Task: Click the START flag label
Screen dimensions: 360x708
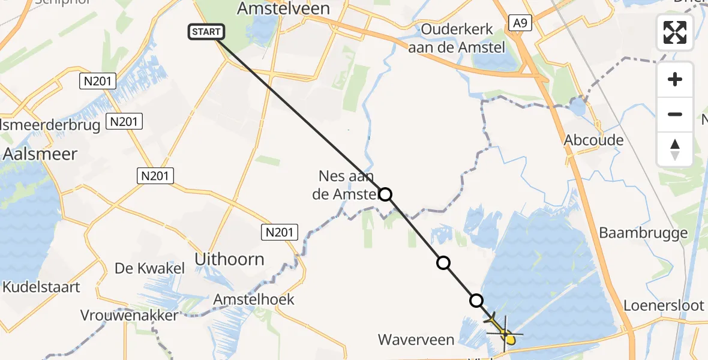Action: tap(207, 32)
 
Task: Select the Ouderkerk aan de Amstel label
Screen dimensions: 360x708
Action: tap(457, 38)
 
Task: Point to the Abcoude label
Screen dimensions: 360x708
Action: tap(593, 140)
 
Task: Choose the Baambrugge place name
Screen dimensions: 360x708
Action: tap(644, 233)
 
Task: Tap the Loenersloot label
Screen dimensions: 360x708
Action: tap(664, 305)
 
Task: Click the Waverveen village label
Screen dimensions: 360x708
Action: tap(416, 340)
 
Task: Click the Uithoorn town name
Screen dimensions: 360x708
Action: tap(230, 259)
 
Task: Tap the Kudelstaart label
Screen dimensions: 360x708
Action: tap(41, 287)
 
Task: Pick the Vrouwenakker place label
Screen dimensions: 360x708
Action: tap(130, 315)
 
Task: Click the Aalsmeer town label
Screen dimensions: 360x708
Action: tap(40, 154)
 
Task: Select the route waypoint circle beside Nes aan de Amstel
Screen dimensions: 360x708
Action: tap(386, 194)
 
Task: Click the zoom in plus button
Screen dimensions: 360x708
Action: tap(675, 79)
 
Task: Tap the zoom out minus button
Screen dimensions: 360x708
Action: tap(675, 114)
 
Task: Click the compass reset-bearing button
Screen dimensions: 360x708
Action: tap(675, 149)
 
